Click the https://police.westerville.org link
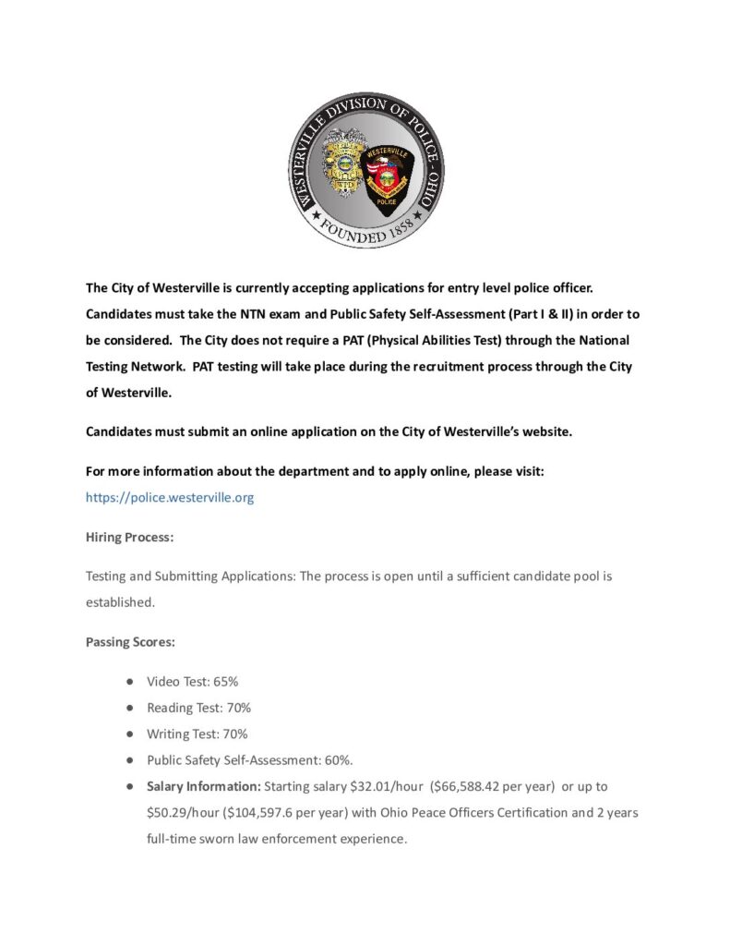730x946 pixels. [x=170, y=497]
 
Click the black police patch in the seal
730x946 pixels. [x=386, y=176]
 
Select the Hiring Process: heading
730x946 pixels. [x=130, y=537]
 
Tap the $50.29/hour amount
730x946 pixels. [x=180, y=813]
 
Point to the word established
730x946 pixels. [x=120, y=601]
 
